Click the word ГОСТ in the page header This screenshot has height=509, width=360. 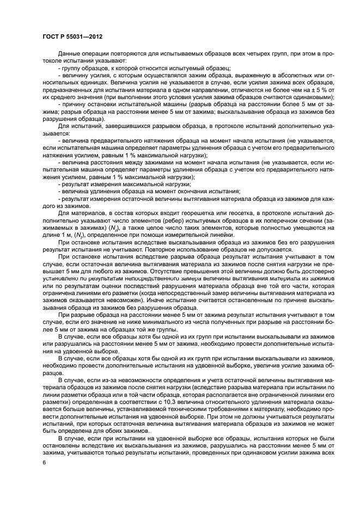pyautogui.click(x=51, y=37)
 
